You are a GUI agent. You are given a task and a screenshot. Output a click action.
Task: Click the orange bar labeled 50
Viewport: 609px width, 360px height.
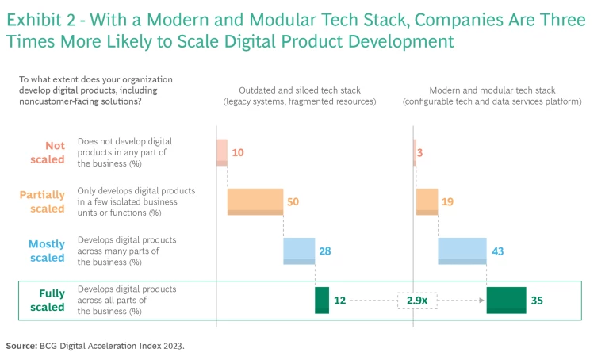[255, 201]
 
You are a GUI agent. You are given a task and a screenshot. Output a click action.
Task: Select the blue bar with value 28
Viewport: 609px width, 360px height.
[299, 251]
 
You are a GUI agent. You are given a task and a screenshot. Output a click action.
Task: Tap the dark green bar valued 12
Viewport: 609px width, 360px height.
[321, 301]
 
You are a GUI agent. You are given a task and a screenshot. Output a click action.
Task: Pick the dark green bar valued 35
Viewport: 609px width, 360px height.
[506, 301]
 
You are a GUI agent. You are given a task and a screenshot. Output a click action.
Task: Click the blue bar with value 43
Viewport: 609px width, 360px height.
[462, 251]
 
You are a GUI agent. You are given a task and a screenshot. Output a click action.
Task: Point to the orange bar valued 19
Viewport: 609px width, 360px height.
[427, 201]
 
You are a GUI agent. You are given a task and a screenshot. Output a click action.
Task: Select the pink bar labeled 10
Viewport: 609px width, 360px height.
[222, 152]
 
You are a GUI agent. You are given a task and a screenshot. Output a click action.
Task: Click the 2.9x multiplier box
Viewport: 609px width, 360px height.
[417, 301]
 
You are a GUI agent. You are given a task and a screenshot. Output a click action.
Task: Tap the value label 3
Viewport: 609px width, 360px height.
[425, 152]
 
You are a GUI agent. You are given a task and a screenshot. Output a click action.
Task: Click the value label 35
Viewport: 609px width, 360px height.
[538, 301]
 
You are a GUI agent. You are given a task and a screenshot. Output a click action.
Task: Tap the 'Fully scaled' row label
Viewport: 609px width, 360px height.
[52, 301]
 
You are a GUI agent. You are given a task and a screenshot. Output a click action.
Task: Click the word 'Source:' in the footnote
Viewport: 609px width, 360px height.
[21, 346]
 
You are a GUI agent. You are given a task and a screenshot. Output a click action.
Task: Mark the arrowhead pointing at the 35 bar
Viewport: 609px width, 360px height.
[482, 301]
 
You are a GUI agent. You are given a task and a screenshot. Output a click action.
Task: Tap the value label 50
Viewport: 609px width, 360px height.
[293, 202]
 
